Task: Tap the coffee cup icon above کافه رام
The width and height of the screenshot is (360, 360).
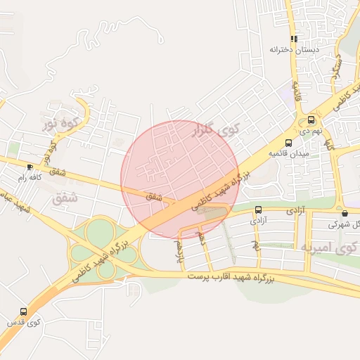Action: coord(29,167)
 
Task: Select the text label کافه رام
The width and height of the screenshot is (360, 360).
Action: coord(30,177)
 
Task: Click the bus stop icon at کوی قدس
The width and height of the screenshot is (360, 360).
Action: coord(24,311)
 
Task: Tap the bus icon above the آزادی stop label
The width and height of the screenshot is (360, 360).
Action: coord(259,210)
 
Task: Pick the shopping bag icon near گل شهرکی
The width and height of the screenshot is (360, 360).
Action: coord(344,213)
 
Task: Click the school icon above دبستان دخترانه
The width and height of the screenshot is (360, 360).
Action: coord(293,40)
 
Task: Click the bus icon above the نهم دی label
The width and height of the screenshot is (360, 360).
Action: coord(311,120)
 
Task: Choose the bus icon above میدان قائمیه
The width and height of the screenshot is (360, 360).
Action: coord(288,143)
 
